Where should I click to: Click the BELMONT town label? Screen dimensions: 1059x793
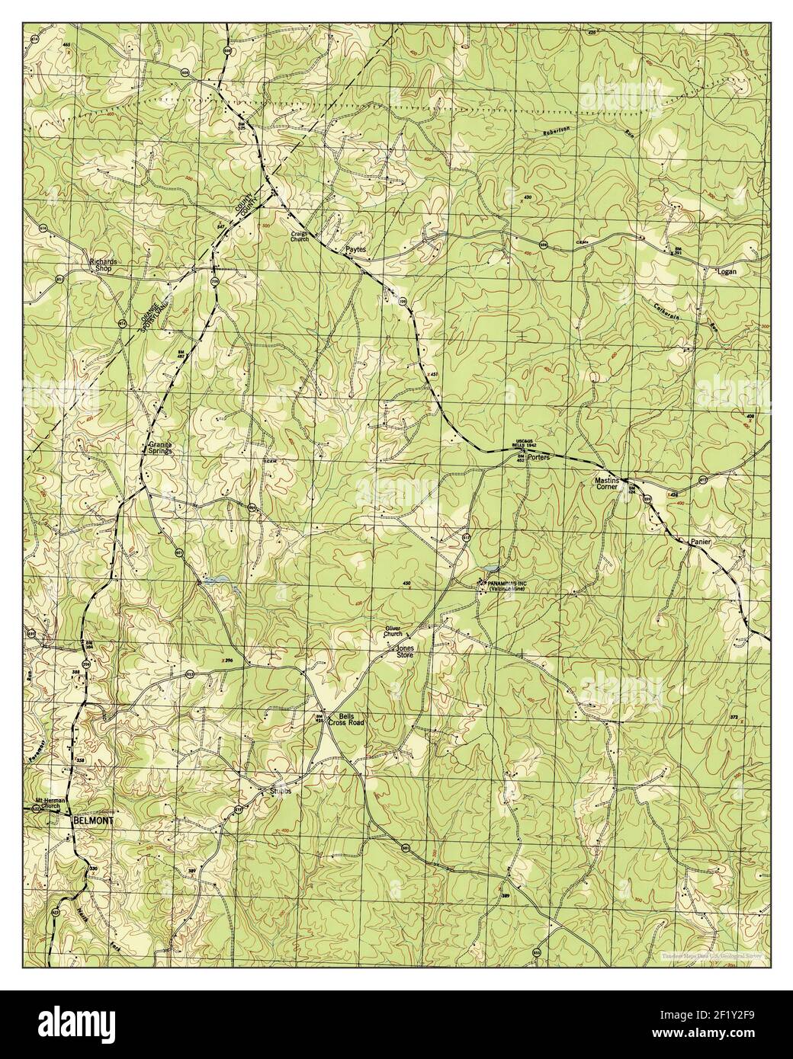[x=93, y=822]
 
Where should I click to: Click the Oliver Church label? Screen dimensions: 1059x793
[x=393, y=631]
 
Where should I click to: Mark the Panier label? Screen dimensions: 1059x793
[x=700, y=541]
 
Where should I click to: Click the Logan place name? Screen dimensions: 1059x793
[x=727, y=270]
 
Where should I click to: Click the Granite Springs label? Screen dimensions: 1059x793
[x=160, y=447]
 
